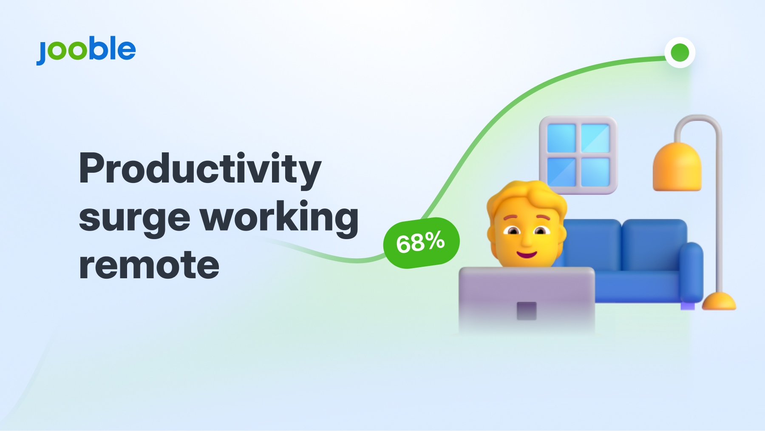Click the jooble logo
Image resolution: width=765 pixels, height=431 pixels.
86,50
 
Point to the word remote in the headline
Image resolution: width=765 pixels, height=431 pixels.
149,265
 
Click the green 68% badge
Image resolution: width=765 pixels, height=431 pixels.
421,243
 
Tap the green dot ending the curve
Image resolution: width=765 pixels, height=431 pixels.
680,53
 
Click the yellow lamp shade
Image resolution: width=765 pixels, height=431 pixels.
677,167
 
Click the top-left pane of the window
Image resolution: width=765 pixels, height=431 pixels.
561,138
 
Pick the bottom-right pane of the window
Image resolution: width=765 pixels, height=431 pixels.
595,172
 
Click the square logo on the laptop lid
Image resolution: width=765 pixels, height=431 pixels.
527,311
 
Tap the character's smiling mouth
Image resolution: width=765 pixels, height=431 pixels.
527,254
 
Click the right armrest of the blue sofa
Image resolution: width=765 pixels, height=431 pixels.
691,272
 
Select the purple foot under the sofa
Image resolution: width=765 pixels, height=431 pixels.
688,306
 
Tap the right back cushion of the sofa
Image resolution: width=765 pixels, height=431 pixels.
654,245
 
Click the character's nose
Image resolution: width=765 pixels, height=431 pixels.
527,241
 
